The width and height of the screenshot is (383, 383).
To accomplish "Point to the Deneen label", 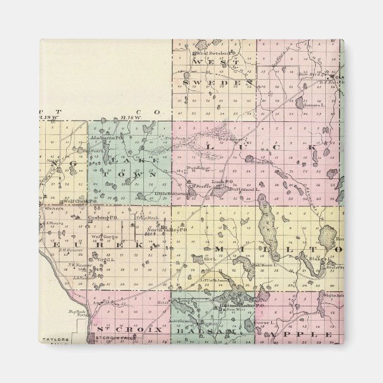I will point(53,209).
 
